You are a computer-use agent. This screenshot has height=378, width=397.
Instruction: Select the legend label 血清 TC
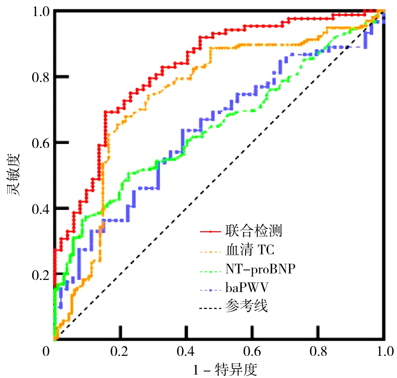tap(250, 250)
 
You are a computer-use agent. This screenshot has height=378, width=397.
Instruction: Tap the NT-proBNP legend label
tap(260, 269)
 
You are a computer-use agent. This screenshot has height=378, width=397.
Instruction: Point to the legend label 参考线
tap(246, 307)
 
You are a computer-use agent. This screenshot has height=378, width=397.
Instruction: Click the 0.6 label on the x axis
tap(252, 351)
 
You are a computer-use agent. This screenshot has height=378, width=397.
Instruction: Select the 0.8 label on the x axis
tap(318, 351)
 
